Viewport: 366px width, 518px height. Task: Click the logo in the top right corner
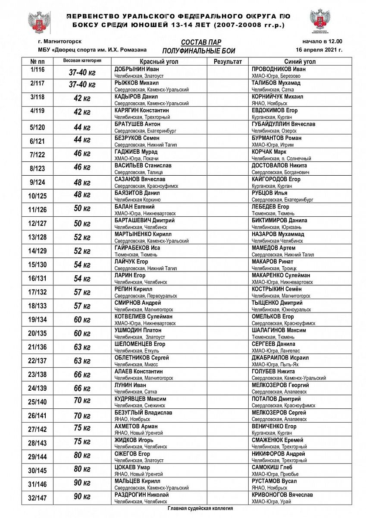(321, 22)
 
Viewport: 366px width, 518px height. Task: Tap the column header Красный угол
(159, 62)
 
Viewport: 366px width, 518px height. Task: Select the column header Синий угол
(300, 62)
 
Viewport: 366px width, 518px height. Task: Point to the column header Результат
(228, 62)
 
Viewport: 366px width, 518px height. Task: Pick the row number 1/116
(38, 69)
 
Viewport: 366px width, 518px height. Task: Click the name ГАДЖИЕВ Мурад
(136, 152)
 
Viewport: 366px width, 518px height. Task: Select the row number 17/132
(38, 292)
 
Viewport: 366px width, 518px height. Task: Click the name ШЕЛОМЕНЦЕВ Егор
(140, 344)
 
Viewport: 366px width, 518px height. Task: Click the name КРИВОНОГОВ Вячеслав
(282, 495)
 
